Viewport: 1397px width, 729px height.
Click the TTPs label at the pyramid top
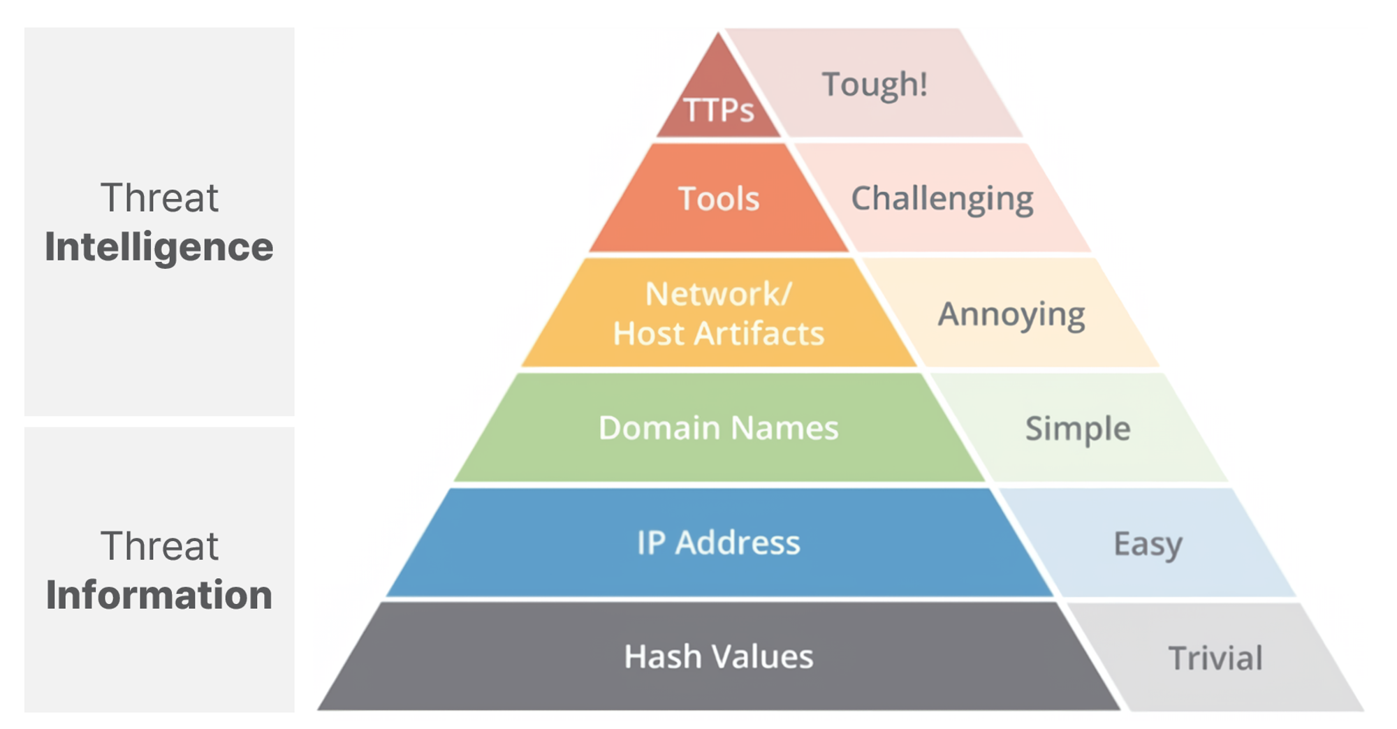click(719, 110)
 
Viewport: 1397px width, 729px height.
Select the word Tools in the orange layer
click(719, 199)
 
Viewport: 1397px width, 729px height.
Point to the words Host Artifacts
click(719, 334)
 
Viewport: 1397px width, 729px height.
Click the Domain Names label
click(719, 428)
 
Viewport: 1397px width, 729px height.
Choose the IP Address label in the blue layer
click(719, 543)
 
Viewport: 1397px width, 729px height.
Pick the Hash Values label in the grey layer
click(719, 657)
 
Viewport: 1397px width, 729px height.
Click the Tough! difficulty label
click(875, 85)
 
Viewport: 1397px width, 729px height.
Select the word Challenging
click(942, 200)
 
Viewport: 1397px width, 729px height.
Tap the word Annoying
click(1011, 315)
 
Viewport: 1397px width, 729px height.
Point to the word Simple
click(1078, 429)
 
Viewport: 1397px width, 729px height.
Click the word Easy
click(1148, 544)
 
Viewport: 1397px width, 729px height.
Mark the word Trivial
click(1215, 658)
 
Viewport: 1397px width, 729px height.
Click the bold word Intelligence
click(159, 248)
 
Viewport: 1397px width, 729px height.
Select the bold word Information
click(159, 596)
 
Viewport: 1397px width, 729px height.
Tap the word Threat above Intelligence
click(159, 198)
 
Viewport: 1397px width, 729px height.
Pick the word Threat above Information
click(159, 546)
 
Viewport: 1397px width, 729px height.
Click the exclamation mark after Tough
click(923, 84)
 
